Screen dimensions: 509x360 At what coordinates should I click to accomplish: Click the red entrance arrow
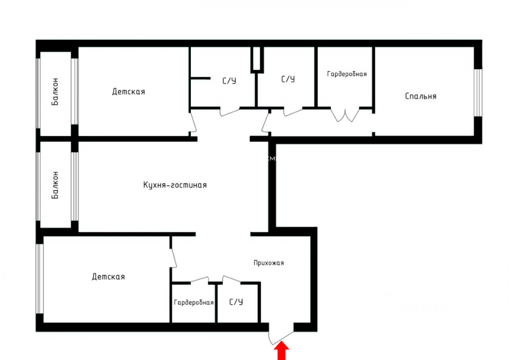[x=281, y=351]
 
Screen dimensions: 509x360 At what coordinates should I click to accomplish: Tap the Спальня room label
[x=421, y=96]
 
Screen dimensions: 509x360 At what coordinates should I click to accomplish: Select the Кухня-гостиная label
[x=175, y=185]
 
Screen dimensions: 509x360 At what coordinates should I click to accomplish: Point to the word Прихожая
[x=269, y=263]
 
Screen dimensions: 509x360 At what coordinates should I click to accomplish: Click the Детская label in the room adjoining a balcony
[x=129, y=92]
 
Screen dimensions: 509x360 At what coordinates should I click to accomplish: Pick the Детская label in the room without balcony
[x=109, y=276]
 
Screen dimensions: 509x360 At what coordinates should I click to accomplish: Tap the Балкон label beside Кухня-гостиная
[x=55, y=185]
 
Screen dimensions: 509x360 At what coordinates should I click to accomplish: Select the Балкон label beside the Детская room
[x=55, y=92]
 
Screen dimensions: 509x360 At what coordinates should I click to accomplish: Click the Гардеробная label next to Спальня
[x=347, y=74]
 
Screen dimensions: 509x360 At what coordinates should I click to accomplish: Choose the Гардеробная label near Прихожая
[x=193, y=302]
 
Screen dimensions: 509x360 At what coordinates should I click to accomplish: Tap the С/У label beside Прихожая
[x=236, y=302]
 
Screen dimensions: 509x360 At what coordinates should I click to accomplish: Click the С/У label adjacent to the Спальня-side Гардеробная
[x=288, y=79]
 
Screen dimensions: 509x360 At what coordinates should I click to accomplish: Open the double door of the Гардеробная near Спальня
[x=345, y=115]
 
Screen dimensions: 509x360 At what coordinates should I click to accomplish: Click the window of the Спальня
[x=478, y=93]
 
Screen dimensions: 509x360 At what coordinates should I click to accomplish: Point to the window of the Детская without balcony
[x=39, y=279]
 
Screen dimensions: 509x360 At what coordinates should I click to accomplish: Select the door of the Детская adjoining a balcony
[x=193, y=123]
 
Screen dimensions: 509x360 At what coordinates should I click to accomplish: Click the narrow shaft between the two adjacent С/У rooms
[x=257, y=59]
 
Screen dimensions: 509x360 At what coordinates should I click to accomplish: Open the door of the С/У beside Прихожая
[x=231, y=279]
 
